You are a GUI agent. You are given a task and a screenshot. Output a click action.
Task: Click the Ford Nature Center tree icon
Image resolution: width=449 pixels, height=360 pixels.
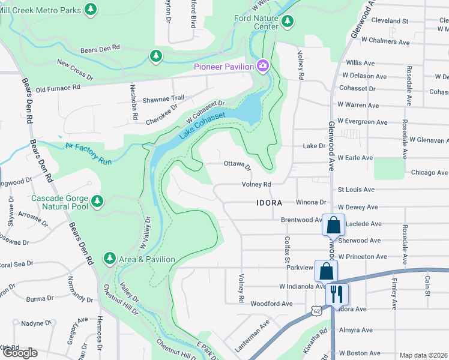(x=288, y=22)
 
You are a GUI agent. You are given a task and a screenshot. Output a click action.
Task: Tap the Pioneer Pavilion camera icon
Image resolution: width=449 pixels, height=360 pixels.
(x=262, y=66)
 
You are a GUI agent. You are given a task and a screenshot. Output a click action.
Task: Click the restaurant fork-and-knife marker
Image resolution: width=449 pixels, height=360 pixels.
(x=336, y=293)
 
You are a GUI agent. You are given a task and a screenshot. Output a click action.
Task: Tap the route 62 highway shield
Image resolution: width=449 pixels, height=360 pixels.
(x=316, y=310)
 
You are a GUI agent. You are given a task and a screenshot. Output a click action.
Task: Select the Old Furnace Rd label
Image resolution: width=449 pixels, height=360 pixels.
(x=58, y=88)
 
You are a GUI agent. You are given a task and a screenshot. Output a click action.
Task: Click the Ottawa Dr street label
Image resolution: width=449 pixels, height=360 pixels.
(x=237, y=164)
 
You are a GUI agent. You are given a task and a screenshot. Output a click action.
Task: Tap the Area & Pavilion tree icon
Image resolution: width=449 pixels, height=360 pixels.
(x=109, y=258)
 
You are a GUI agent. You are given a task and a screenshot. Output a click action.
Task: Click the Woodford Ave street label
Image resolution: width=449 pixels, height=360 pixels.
(x=271, y=304)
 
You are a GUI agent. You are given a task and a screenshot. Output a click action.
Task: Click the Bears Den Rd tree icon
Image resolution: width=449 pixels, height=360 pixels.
(x=155, y=56)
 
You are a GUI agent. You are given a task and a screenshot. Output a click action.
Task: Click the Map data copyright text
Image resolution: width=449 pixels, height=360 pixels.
(x=424, y=355)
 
